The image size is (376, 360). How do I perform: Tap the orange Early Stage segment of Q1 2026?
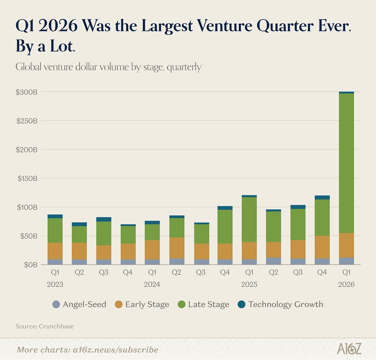(347, 245)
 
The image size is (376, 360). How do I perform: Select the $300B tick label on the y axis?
(27, 92)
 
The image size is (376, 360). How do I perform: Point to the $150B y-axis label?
(27, 178)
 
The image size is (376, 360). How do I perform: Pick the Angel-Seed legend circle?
(56, 304)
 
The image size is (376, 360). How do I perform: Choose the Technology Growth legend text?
(285, 304)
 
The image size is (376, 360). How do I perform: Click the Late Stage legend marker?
(182, 304)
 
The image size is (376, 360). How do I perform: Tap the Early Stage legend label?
(147, 304)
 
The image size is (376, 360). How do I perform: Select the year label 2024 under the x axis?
(152, 284)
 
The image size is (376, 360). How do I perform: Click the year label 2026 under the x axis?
(347, 284)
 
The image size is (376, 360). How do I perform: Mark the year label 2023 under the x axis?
(55, 284)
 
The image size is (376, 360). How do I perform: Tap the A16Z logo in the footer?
(349, 349)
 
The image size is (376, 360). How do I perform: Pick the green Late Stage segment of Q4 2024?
(225, 227)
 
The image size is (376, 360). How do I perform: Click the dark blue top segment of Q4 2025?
(322, 197)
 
